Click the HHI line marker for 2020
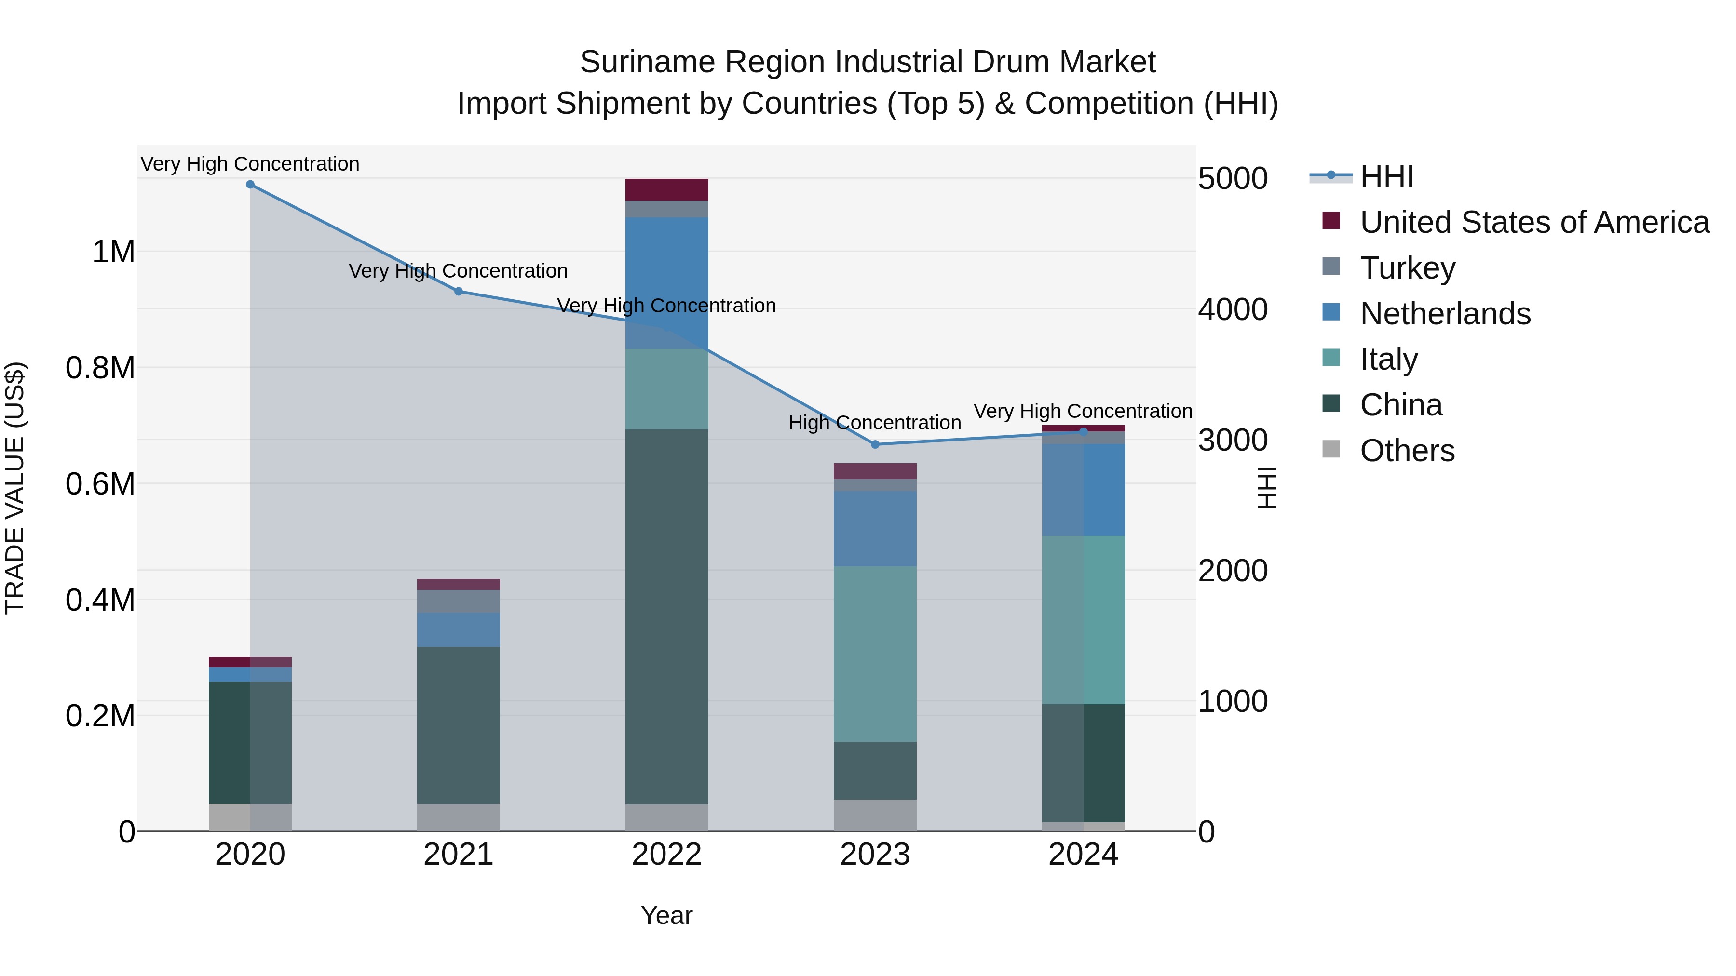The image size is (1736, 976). click(250, 185)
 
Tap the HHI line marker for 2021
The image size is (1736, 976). click(458, 292)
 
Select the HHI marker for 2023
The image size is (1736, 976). click(875, 444)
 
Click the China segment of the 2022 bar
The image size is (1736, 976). click(666, 616)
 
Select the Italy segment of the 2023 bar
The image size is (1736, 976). click(875, 654)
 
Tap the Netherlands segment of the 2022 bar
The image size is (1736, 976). click(666, 283)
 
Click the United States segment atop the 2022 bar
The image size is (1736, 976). click(666, 190)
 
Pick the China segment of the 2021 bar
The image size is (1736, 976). click(458, 725)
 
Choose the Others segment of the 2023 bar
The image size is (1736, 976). click(875, 815)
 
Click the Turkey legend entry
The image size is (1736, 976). click(1407, 268)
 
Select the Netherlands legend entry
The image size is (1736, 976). click(1445, 314)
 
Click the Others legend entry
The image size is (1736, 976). click(1407, 451)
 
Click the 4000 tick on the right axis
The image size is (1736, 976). click(1233, 310)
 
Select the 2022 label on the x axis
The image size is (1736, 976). click(666, 855)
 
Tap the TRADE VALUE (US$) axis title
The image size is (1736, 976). click(15, 488)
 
